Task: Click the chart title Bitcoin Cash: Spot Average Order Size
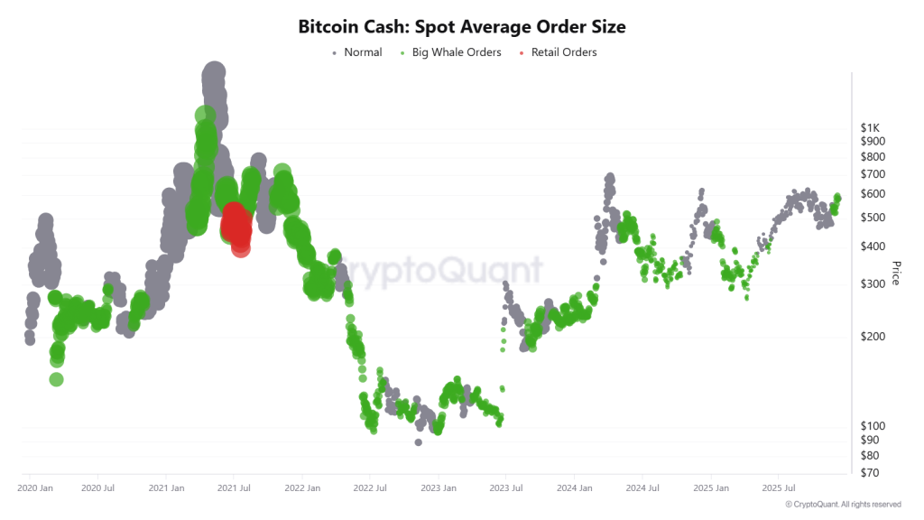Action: click(461, 27)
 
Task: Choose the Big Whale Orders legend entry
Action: click(457, 52)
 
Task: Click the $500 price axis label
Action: click(873, 218)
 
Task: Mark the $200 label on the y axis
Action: click(873, 337)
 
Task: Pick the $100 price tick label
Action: click(873, 426)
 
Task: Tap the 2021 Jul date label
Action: click(235, 488)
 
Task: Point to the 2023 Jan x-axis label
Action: click(438, 488)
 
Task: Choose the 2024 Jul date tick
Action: click(642, 488)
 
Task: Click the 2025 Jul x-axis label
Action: click(778, 488)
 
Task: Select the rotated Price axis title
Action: click(895, 273)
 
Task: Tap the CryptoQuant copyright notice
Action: click(843, 504)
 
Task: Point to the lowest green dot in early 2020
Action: click(56, 379)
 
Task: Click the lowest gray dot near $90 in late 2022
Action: click(418, 441)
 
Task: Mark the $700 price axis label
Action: click(873, 173)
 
